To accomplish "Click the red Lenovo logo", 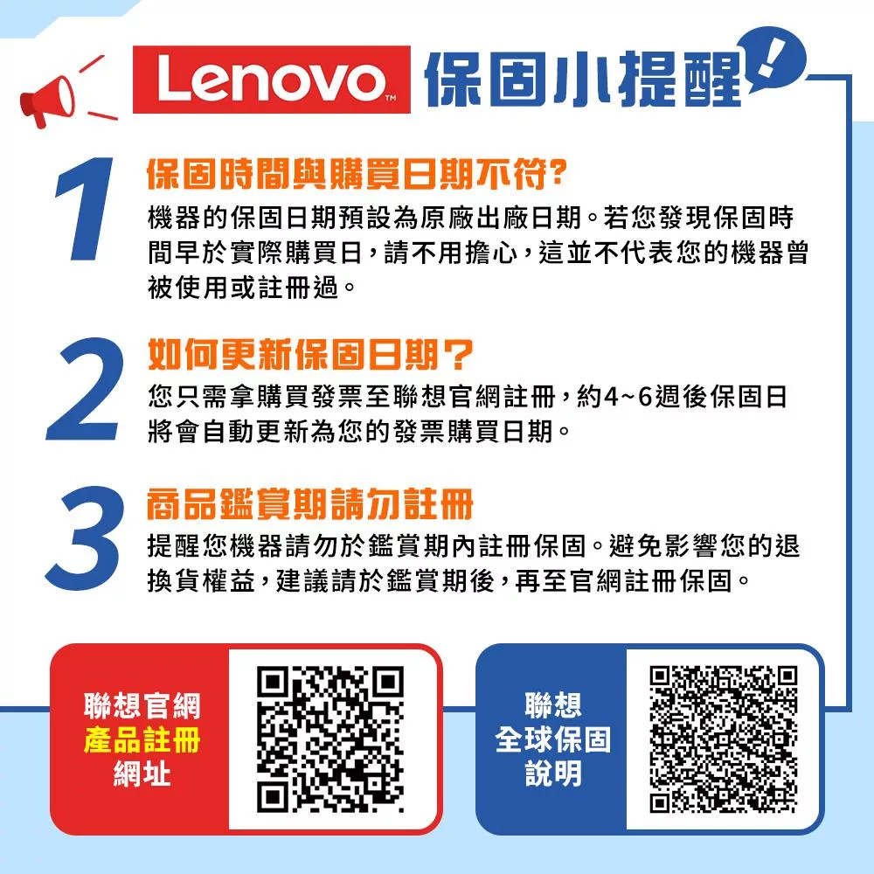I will pos(272,80).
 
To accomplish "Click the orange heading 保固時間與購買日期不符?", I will pos(357,175).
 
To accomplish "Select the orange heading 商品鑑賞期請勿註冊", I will pos(309,504).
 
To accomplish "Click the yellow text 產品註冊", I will pos(142,741).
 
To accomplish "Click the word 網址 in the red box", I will pos(142,774).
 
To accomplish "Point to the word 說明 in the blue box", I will pos(552,773).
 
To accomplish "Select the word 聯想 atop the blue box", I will pos(552,705).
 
